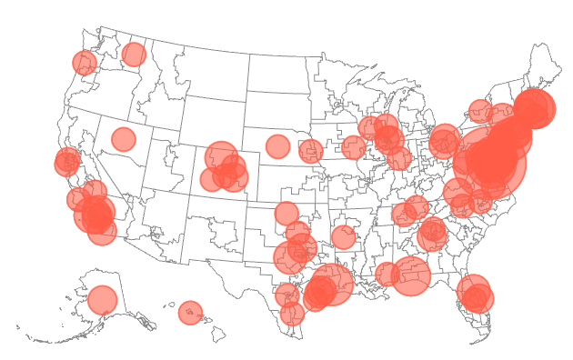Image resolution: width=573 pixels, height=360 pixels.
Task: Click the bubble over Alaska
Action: click(x=103, y=300)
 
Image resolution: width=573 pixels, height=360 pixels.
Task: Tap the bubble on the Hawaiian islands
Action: click(x=190, y=313)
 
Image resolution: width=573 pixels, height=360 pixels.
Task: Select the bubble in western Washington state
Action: click(x=85, y=63)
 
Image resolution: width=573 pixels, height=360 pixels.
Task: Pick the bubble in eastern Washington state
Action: click(x=134, y=55)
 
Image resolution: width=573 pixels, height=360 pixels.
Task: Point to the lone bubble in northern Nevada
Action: click(x=124, y=139)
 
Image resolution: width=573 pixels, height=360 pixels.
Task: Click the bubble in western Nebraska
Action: click(x=277, y=145)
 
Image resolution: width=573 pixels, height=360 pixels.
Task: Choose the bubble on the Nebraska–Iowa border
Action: click(x=311, y=151)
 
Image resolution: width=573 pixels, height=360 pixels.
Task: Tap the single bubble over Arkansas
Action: click(x=343, y=237)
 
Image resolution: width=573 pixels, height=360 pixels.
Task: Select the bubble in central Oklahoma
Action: click(x=286, y=214)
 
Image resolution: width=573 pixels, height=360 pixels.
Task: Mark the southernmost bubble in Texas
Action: click(x=292, y=314)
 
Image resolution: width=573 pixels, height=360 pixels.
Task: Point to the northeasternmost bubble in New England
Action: click(x=535, y=108)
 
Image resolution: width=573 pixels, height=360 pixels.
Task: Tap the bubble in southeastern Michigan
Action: click(x=445, y=140)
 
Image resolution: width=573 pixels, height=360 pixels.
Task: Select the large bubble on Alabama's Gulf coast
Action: click(x=411, y=275)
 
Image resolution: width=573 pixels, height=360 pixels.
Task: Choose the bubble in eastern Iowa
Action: click(x=354, y=147)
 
